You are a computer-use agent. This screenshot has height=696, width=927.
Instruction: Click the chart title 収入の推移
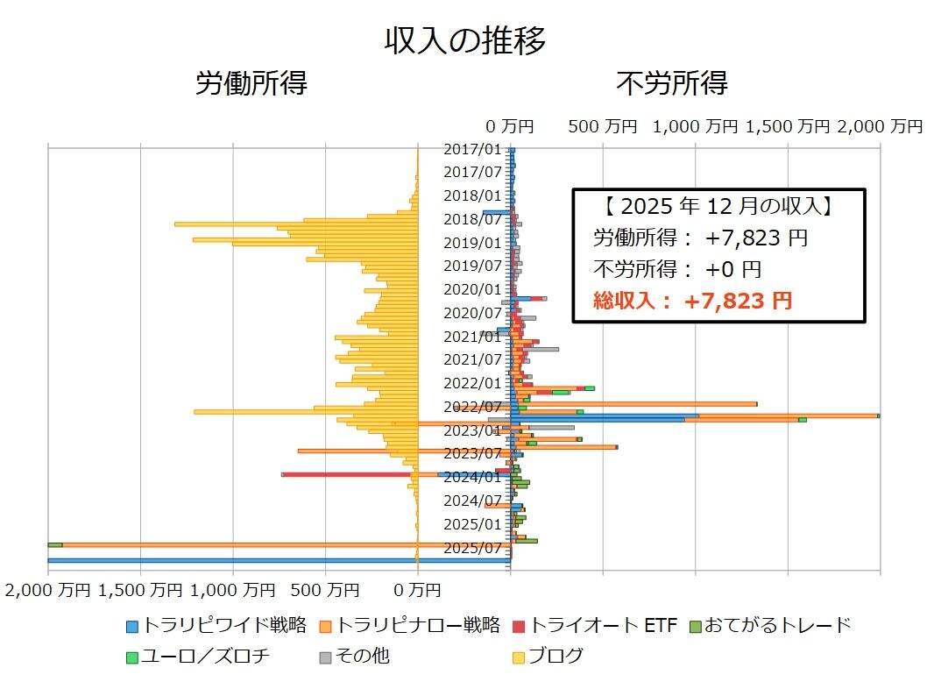click(464, 40)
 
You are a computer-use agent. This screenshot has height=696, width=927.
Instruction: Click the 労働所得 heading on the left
click(251, 83)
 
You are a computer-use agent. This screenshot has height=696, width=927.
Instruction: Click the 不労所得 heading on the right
click(672, 83)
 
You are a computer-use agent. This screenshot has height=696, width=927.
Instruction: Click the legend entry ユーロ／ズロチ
click(197, 655)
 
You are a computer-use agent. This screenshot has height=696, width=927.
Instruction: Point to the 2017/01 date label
click(472, 149)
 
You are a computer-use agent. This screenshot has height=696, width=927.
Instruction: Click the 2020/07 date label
click(472, 313)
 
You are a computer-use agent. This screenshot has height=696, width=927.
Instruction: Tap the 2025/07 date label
click(472, 548)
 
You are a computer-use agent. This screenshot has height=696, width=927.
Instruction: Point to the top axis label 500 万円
click(603, 126)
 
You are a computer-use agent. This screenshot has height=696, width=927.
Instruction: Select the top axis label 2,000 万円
click(880, 126)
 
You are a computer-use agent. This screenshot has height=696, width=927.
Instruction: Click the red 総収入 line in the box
click(692, 301)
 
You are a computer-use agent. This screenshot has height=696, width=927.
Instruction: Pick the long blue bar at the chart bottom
click(263, 560)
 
